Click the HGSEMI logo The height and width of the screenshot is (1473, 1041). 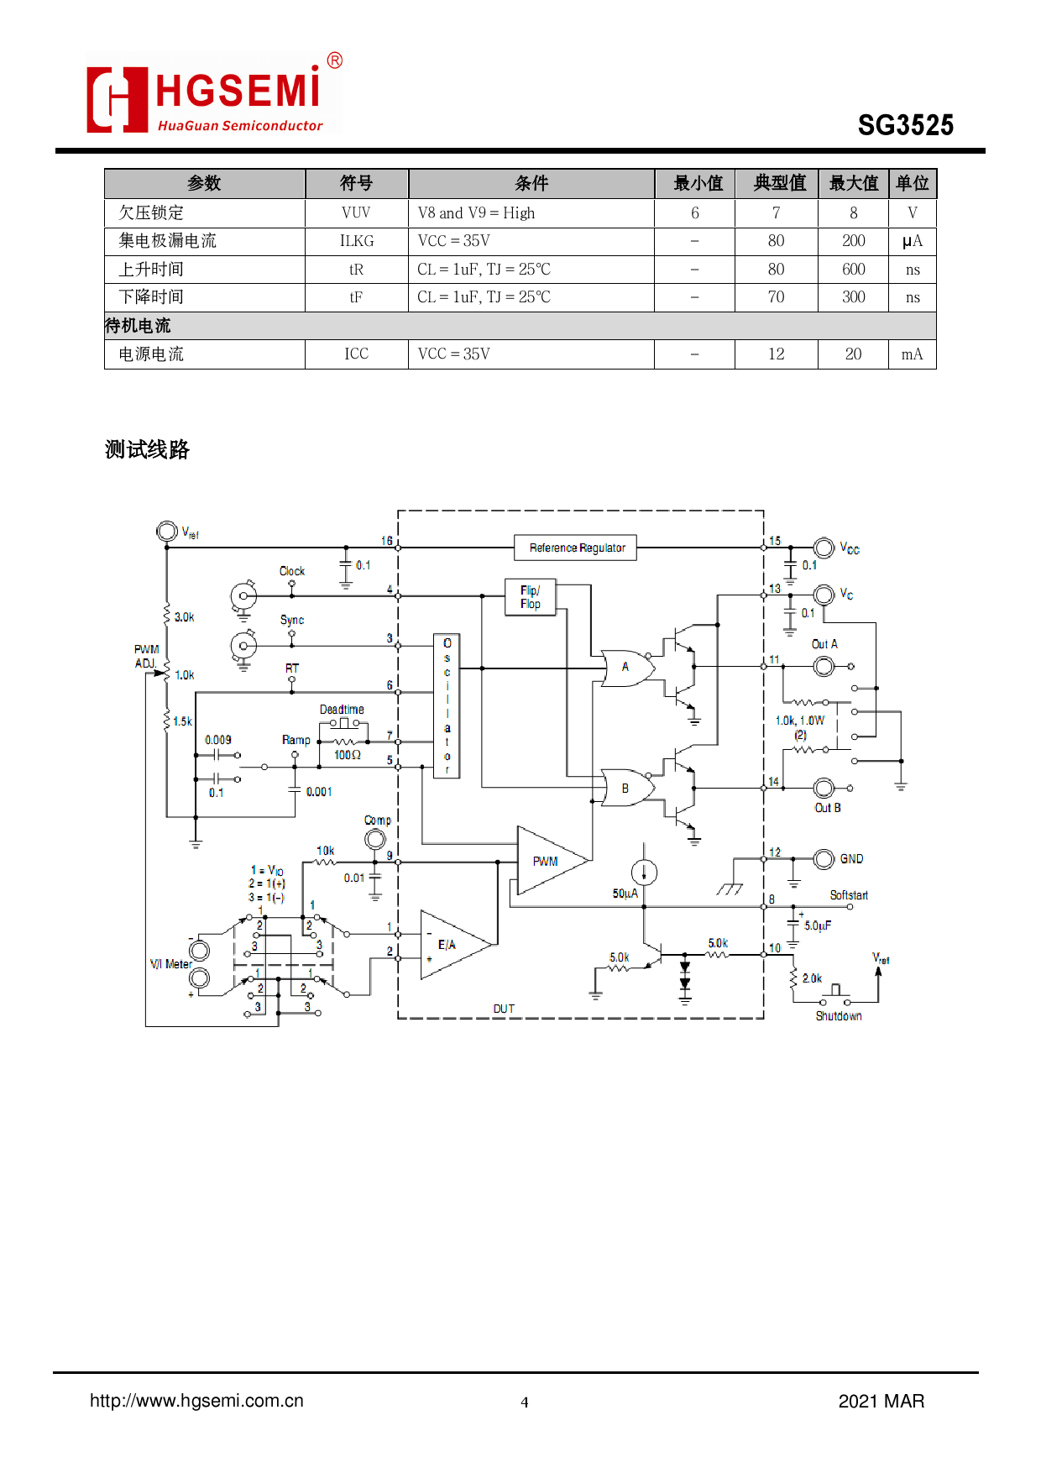click(x=214, y=94)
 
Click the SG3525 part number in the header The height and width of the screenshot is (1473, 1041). click(x=905, y=125)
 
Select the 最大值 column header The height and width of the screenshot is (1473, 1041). click(x=853, y=183)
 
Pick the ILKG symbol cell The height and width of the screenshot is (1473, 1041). click(x=356, y=241)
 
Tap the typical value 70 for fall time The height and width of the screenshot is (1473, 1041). click(x=776, y=297)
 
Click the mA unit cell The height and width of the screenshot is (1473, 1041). click(x=912, y=354)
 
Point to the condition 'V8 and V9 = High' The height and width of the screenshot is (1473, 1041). click(x=476, y=213)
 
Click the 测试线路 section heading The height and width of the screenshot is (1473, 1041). click(x=147, y=450)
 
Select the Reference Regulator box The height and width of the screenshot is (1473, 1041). click(x=576, y=548)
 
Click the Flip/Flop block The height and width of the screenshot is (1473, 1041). click(x=530, y=597)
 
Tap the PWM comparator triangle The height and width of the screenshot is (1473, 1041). click(x=548, y=861)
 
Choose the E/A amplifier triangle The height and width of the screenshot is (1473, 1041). click(x=451, y=945)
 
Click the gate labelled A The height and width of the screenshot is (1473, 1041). click(x=626, y=667)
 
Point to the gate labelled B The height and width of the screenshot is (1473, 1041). click(x=626, y=789)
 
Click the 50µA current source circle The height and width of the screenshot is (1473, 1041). click(x=644, y=873)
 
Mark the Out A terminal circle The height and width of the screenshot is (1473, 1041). click(x=824, y=667)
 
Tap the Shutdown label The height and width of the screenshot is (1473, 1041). click(x=838, y=1016)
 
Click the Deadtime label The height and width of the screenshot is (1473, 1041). click(x=342, y=710)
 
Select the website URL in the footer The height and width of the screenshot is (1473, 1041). click(x=196, y=1401)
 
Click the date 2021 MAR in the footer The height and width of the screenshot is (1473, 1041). click(x=881, y=1401)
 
